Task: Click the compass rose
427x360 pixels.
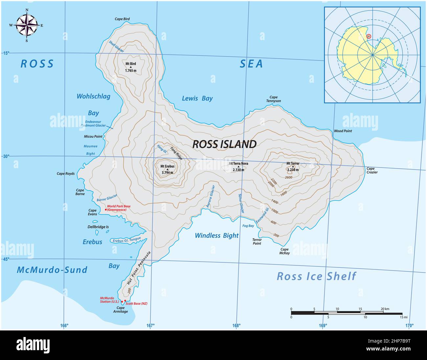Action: (27, 25)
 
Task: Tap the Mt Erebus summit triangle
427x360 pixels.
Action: (168, 169)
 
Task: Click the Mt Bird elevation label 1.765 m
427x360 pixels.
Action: (130, 70)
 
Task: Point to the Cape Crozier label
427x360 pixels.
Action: (372, 170)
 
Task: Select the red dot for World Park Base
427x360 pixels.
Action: (106, 209)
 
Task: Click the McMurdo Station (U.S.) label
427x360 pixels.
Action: (109, 300)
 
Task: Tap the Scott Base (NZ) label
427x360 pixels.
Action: (136, 304)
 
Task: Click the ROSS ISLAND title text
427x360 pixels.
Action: (224, 144)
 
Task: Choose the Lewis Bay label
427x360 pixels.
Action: (197, 98)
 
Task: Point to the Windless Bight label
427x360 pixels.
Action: (217, 236)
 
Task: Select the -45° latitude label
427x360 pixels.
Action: (6, 259)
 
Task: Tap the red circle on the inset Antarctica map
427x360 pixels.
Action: (369, 36)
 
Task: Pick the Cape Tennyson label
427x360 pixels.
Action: (274, 99)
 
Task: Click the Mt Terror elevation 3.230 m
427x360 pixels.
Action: (293, 170)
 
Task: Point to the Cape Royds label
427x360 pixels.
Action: (66, 174)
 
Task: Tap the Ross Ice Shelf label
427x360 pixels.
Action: (316, 276)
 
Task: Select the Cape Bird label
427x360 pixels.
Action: (122, 19)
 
